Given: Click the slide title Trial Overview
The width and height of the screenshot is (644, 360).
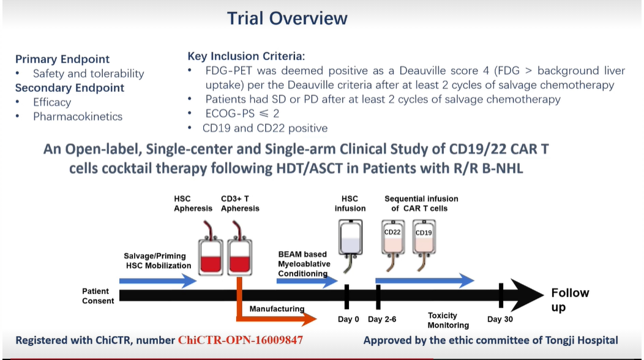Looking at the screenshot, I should tap(287, 18).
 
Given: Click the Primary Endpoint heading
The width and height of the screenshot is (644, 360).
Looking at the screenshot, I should tap(62, 59).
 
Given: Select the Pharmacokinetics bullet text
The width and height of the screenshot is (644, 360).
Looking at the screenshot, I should tap(78, 116).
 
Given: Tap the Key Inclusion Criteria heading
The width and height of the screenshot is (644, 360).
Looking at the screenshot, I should tap(246, 56).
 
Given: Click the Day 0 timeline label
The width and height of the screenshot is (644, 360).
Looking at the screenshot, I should tap(348, 320).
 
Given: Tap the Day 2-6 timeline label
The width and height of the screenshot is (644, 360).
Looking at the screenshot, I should tap(383, 320).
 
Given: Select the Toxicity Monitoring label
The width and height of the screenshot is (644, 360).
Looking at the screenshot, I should tap(448, 320).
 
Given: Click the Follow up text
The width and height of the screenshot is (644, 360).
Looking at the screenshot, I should tap(569, 300).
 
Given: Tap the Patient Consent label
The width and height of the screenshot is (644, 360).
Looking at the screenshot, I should tap(98, 296).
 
